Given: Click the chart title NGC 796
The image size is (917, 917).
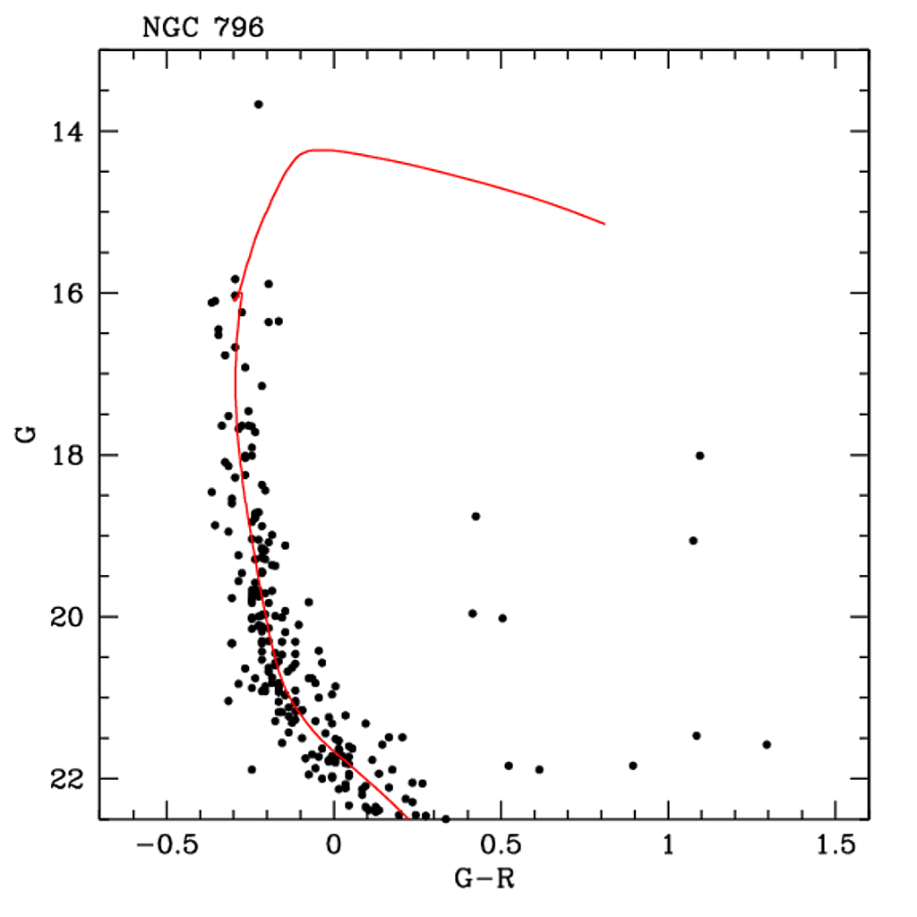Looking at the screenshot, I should point(202,28).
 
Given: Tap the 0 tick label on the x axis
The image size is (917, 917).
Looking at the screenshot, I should point(334,844).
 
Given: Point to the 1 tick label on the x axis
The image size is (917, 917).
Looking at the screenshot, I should point(668,844).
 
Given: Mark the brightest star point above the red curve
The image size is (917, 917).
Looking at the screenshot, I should point(258,105).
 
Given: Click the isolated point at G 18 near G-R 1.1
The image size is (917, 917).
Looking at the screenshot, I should point(699,456).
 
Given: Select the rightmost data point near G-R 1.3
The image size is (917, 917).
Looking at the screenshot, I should point(767,745).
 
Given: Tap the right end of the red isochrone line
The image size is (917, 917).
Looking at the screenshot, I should point(604,224).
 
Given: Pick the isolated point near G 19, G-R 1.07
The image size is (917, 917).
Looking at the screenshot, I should point(693,541).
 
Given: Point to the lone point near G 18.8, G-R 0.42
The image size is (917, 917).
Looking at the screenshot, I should point(476,517).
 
